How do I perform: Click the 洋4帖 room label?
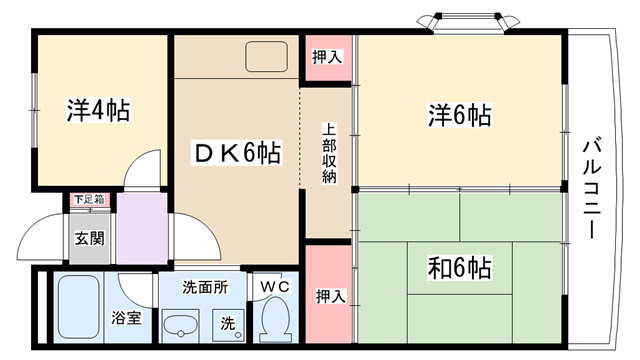98,110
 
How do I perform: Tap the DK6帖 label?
237,153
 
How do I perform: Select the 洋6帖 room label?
459,115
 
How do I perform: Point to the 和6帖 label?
459,268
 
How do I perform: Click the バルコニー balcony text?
592,189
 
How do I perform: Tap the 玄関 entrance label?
89,238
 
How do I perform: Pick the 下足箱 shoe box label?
89,200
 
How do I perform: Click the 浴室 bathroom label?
126,318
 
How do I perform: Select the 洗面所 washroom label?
205,287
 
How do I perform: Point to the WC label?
275,287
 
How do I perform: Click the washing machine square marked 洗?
228,325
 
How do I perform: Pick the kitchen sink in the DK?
266,57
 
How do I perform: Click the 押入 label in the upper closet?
327,57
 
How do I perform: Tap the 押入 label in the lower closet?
331,296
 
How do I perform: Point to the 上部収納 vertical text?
329,153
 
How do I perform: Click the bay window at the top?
468,22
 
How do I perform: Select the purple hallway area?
142,229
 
